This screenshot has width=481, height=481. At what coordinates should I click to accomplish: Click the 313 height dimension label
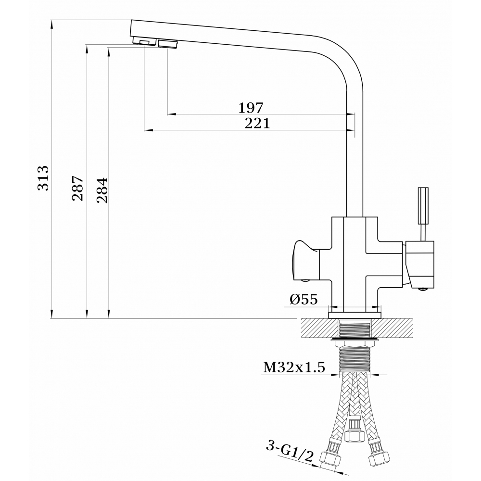[43, 178]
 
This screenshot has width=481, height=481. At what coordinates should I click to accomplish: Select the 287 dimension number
[77, 189]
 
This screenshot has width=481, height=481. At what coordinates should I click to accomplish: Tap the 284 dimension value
[102, 190]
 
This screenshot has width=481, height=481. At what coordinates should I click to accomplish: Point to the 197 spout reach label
[251, 108]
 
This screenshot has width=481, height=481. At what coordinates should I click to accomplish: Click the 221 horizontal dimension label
[257, 123]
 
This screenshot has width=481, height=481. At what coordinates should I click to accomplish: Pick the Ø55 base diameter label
[304, 299]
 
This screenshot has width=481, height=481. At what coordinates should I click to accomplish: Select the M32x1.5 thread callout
[294, 367]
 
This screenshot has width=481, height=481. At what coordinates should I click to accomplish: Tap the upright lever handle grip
[423, 206]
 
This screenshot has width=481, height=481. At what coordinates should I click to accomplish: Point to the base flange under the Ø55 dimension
[354, 315]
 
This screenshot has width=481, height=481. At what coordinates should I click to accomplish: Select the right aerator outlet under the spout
[168, 44]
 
